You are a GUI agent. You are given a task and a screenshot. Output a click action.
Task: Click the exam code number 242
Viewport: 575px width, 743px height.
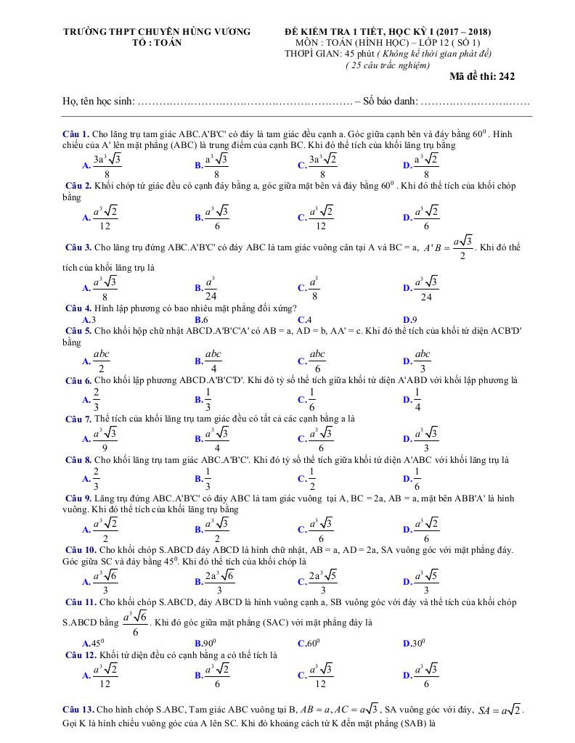(506, 76)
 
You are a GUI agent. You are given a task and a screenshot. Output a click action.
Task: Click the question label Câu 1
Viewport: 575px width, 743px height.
(76, 134)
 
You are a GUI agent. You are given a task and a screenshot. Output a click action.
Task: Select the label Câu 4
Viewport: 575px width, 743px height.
(78, 308)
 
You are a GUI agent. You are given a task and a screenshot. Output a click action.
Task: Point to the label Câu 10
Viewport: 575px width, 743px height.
(81, 550)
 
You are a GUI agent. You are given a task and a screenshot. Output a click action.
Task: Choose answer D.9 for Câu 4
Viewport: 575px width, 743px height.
(409, 319)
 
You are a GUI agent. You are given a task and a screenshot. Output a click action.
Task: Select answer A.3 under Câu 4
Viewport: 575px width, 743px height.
(89, 319)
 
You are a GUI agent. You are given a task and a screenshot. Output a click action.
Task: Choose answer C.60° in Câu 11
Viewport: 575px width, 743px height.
(309, 643)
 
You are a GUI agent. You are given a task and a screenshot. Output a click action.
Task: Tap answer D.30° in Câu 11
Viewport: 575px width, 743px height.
(415, 643)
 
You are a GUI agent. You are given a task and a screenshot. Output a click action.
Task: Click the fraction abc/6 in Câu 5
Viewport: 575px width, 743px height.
(317, 360)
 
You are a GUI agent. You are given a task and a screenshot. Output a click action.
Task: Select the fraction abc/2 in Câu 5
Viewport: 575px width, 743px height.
(102, 360)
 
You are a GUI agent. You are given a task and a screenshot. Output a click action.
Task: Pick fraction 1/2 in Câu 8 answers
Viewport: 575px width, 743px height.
(312, 478)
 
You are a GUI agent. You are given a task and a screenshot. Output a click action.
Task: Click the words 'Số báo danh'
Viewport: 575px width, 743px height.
(389, 102)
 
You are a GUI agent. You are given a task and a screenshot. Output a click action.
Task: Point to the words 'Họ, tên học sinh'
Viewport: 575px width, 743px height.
(99, 102)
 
